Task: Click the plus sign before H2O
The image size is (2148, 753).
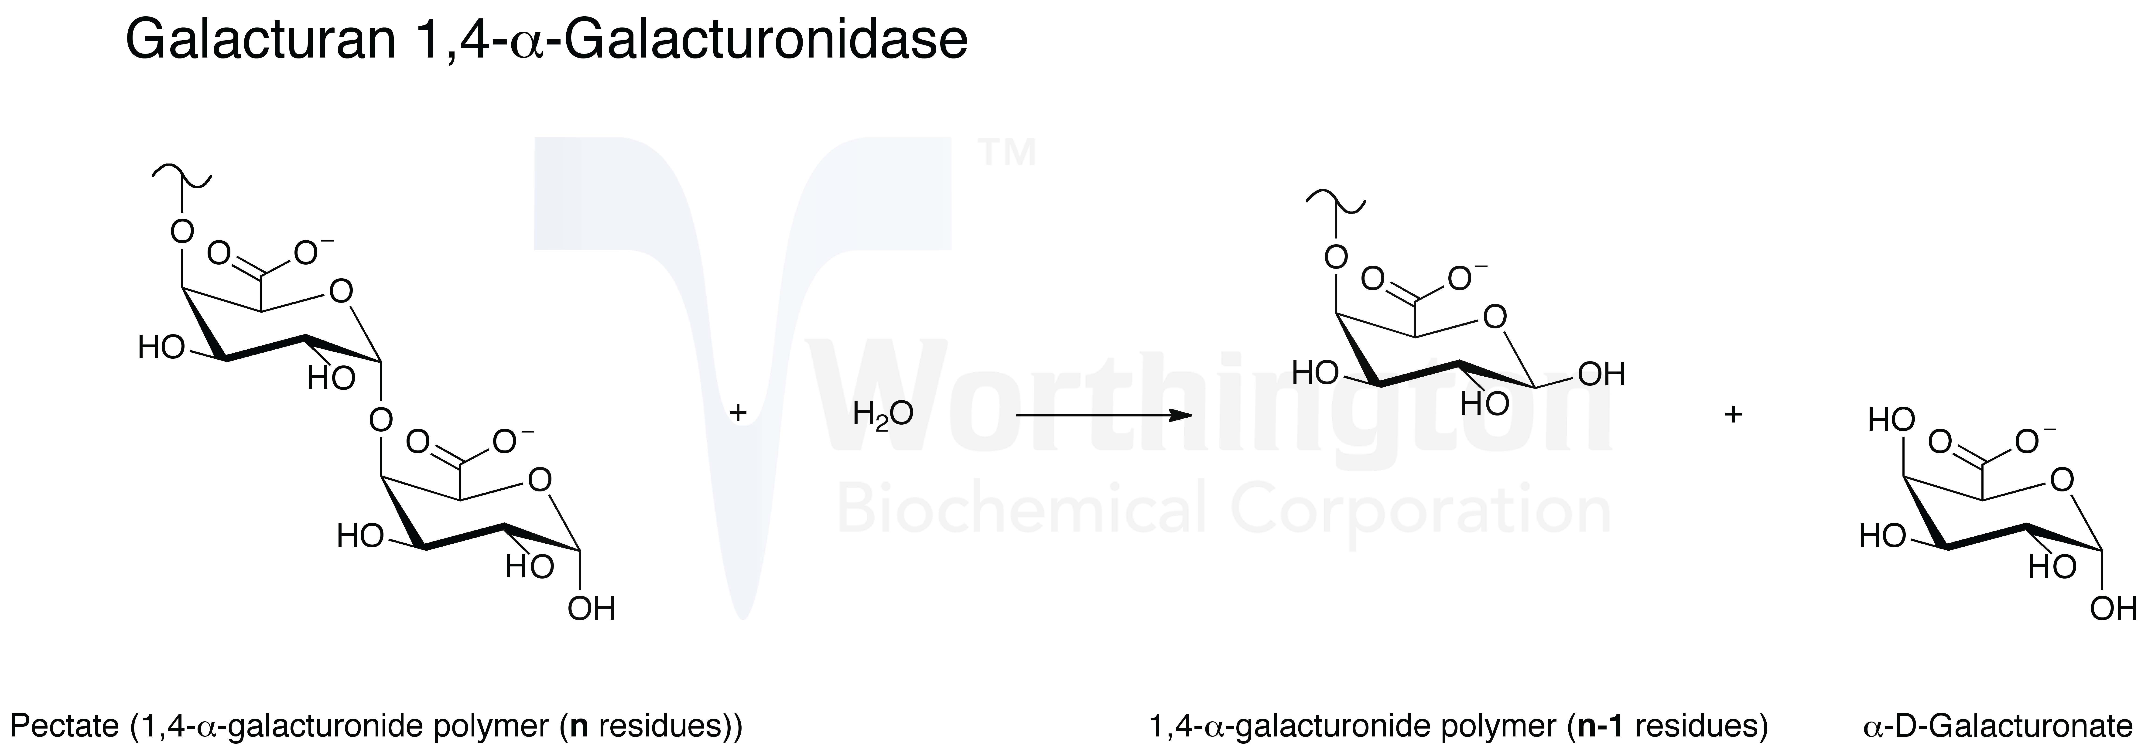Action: click(x=737, y=413)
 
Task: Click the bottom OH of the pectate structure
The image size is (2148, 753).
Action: click(x=591, y=609)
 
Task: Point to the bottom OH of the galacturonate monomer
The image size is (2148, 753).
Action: click(x=2114, y=609)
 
